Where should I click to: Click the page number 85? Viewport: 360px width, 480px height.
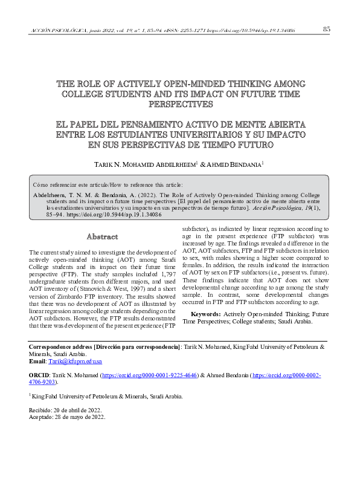click(326, 29)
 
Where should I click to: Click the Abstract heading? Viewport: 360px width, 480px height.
click(102, 236)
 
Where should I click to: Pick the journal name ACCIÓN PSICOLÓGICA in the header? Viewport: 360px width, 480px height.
click(57, 30)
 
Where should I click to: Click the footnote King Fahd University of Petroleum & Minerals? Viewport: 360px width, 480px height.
click(106, 397)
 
